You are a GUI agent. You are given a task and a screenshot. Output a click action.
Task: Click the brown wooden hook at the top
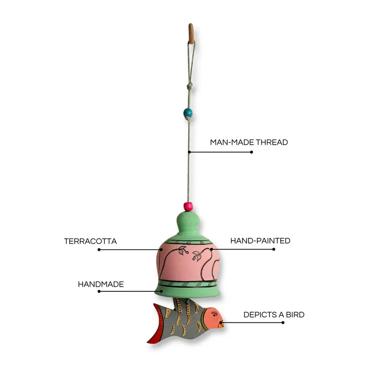[191, 33]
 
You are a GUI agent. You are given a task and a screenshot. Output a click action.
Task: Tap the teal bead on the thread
[188, 113]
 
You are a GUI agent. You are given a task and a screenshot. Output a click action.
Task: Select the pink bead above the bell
[188, 206]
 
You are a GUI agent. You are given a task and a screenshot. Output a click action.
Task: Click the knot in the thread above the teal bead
[189, 86]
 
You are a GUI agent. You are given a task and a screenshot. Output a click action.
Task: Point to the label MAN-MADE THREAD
[249, 142]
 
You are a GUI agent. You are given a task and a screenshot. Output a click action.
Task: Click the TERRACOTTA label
[90, 241]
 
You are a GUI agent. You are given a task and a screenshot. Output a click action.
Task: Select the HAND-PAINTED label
[260, 241]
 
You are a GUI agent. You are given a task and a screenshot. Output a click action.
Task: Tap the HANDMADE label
[101, 284]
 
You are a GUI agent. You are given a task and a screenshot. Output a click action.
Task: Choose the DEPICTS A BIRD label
[274, 315]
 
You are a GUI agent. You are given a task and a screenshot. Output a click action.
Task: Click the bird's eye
[214, 314]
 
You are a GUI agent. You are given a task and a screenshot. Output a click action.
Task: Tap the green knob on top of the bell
[188, 220]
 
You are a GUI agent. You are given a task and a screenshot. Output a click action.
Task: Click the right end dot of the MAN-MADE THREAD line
[251, 152]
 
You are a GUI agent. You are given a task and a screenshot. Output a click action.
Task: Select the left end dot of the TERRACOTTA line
[99, 249]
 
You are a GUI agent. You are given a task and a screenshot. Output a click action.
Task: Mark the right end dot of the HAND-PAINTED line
[274, 249]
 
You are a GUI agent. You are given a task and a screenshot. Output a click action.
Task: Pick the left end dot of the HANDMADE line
[99, 291]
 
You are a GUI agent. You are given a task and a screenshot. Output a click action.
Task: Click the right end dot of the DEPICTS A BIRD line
[283, 322]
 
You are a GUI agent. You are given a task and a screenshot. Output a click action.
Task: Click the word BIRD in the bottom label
[295, 315]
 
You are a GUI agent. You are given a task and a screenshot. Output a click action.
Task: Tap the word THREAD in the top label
[272, 142]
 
